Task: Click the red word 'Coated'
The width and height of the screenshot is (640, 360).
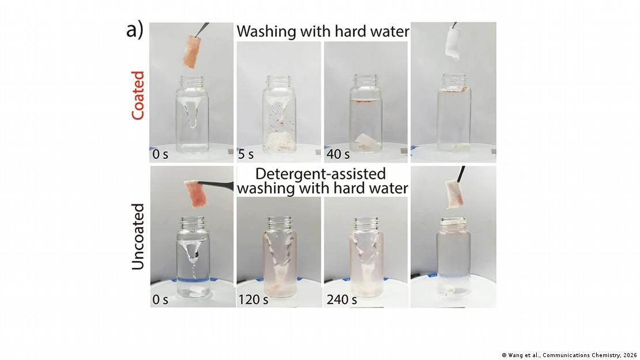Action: pos(137,95)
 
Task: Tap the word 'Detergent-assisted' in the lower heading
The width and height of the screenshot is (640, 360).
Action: pos(321,174)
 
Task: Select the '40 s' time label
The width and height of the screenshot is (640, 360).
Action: pos(338,154)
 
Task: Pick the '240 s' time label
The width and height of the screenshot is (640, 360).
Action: pos(342,299)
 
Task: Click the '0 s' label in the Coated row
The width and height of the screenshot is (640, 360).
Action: pos(161,154)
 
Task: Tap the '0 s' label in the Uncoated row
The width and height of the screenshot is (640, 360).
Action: pos(161,299)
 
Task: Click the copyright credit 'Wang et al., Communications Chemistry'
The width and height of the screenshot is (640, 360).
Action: pos(569,355)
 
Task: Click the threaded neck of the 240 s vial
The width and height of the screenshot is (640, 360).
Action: pos(366,223)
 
